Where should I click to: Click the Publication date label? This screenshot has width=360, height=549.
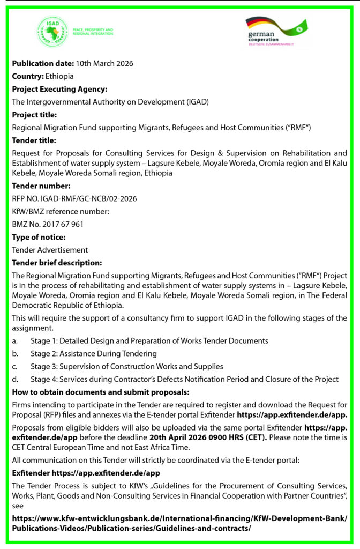click(43, 64)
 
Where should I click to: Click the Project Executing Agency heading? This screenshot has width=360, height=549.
click(59, 89)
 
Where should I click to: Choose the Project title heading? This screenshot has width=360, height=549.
click(34, 115)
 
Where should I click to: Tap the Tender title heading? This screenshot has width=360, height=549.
click(34, 140)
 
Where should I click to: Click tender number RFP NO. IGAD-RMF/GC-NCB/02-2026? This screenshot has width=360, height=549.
click(74, 198)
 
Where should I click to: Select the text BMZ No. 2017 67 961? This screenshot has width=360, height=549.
click(48, 224)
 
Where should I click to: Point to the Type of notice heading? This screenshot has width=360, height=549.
click(39, 237)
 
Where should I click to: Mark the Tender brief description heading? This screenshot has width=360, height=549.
click(57, 263)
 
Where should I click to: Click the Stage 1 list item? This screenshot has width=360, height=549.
click(149, 341)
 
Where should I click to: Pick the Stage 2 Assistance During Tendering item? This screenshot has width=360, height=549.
click(94, 354)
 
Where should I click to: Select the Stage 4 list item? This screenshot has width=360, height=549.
click(184, 380)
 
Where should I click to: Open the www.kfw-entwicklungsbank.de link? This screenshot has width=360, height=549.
click(179, 518)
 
